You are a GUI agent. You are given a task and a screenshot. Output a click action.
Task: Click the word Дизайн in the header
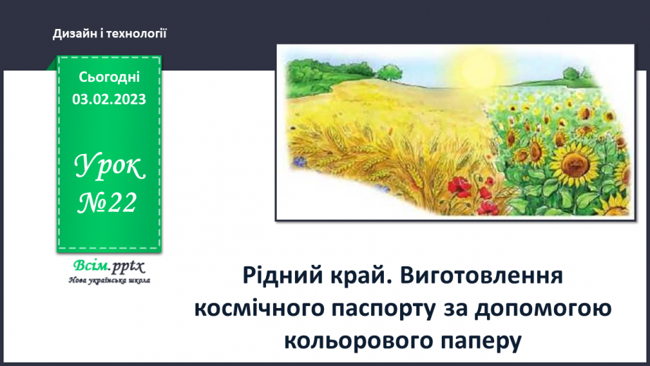[71, 33]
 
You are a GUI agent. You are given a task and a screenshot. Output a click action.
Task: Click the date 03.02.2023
[109, 99]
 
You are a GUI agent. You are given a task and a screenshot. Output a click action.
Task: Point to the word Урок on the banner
[109, 167]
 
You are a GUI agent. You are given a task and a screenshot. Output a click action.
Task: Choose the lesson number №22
[109, 203]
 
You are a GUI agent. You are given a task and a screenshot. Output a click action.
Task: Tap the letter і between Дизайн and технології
[100, 33]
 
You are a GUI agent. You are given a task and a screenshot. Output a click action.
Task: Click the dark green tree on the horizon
[386, 71]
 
